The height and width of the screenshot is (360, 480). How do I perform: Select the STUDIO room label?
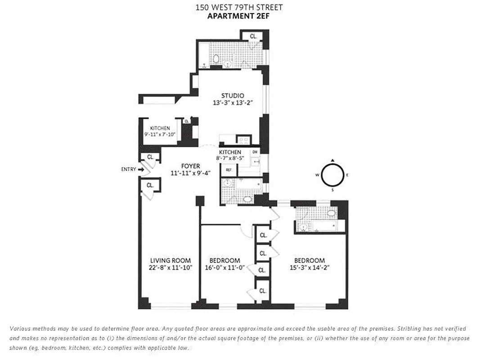[233, 95]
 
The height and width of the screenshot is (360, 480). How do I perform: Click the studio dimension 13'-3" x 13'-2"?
[233, 103]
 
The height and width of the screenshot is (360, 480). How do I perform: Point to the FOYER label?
[191, 166]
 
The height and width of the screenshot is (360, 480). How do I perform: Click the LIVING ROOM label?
[170, 260]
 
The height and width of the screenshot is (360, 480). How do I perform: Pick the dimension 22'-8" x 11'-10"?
[171, 267]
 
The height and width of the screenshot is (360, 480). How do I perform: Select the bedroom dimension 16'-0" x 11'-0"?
[224, 267]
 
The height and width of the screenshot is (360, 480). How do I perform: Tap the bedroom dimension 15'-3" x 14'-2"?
[309, 267]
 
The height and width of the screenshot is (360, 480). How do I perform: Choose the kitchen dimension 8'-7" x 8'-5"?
[230, 158]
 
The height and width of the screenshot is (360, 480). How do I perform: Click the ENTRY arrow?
[141, 170]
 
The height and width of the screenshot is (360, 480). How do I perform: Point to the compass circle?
[332, 175]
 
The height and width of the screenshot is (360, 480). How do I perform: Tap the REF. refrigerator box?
[229, 170]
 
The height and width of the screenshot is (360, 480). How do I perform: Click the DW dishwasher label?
[255, 152]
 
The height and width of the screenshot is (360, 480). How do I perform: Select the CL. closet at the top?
[253, 36]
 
